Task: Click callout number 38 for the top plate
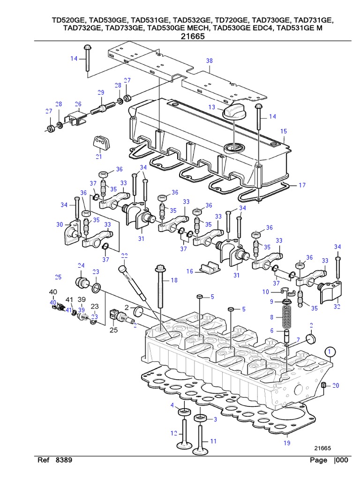click(x=209, y=60)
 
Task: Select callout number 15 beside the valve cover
click(x=283, y=131)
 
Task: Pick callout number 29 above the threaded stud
click(x=100, y=92)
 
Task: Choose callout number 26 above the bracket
click(x=78, y=104)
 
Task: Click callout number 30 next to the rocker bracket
click(x=60, y=225)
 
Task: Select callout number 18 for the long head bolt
click(x=174, y=280)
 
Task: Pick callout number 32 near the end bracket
click(x=337, y=307)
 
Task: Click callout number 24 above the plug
click(x=81, y=266)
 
